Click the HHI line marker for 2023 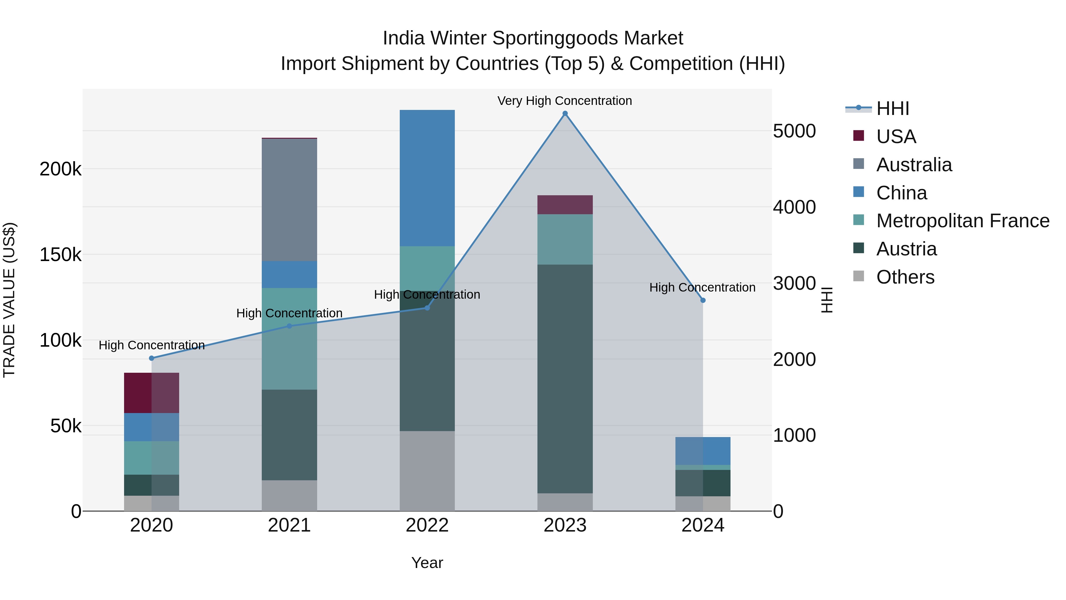coord(565,113)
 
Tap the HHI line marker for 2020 coord(151,358)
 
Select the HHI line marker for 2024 coord(703,300)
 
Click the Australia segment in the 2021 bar coord(289,200)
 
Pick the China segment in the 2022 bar coord(427,178)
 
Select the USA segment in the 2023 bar coord(565,204)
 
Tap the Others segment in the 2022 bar coord(427,471)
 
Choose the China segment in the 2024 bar coord(703,451)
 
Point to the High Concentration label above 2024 coord(702,287)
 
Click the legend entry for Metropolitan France coord(963,221)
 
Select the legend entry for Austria coord(906,249)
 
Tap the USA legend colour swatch coord(859,136)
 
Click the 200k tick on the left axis coord(60,169)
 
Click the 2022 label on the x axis coord(427,525)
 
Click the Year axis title coord(427,563)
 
